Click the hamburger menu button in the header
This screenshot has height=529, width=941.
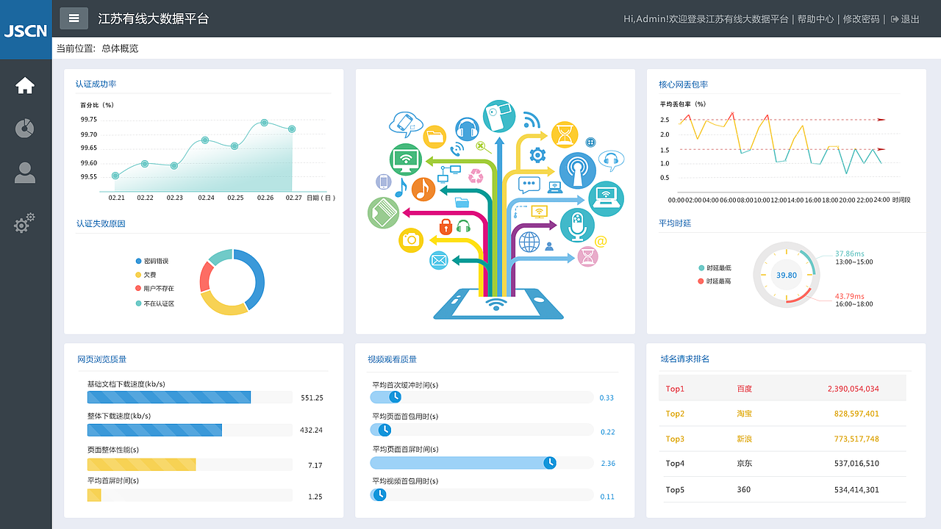74,18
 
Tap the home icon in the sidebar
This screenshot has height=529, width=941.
25,86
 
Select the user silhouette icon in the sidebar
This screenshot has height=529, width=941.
25,173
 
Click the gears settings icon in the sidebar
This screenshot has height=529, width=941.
24,223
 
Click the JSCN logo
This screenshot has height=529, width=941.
26,31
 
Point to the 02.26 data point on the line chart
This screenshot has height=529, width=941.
264,123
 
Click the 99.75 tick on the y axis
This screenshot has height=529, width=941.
89,119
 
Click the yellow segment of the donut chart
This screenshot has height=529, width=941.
222,306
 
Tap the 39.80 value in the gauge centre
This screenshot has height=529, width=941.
787,275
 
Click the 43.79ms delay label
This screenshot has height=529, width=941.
849,296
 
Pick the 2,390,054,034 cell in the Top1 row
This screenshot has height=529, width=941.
854,389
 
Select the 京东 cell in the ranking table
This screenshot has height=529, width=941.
745,463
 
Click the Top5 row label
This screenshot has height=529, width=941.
675,489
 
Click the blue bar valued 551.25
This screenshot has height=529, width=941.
169,397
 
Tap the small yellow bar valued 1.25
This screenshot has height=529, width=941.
94,495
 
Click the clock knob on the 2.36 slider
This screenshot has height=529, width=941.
550,463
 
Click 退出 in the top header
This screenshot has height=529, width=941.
910,19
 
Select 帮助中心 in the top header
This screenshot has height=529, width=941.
815,19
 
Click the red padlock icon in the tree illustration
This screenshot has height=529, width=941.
446,227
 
